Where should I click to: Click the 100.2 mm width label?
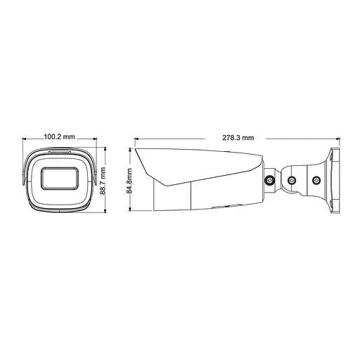pyautogui.click(x=58, y=136)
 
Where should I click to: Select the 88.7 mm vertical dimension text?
pyautogui.click(x=103, y=179)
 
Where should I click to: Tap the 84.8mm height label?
pyautogui.click(x=129, y=179)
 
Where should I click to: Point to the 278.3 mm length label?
pyautogui.click(x=238, y=138)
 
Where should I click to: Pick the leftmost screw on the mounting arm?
pyautogui.click(x=269, y=181)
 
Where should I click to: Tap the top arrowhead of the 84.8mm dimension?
pyautogui.click(x=134, y=150)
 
